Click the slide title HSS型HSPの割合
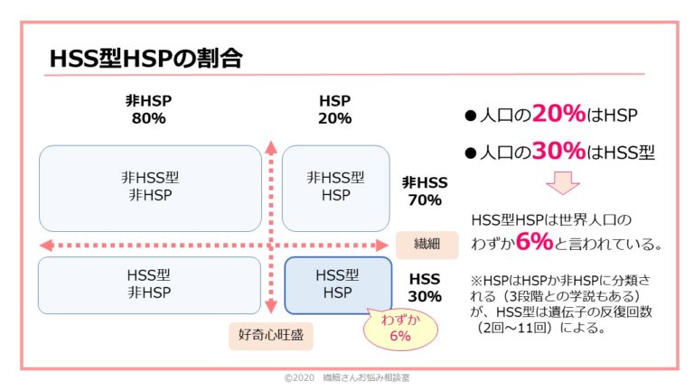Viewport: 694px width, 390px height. (145, 59)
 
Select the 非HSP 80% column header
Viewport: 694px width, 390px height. (147, 109)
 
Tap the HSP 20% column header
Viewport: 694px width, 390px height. (334, 109)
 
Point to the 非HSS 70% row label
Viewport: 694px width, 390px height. (424, 190)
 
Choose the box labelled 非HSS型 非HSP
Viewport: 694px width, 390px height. (148, 187)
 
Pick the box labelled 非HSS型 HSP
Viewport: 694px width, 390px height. (335, 187)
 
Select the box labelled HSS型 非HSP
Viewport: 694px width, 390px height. (148, 284)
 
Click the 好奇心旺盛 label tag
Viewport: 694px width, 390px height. (270, 336)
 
